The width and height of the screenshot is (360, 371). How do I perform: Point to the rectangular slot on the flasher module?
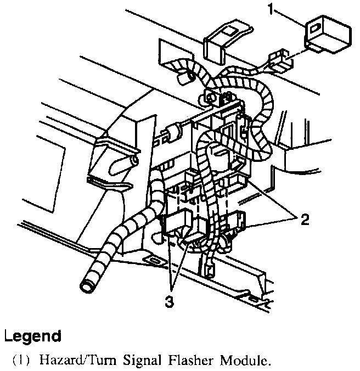click(x=317, y=27)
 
